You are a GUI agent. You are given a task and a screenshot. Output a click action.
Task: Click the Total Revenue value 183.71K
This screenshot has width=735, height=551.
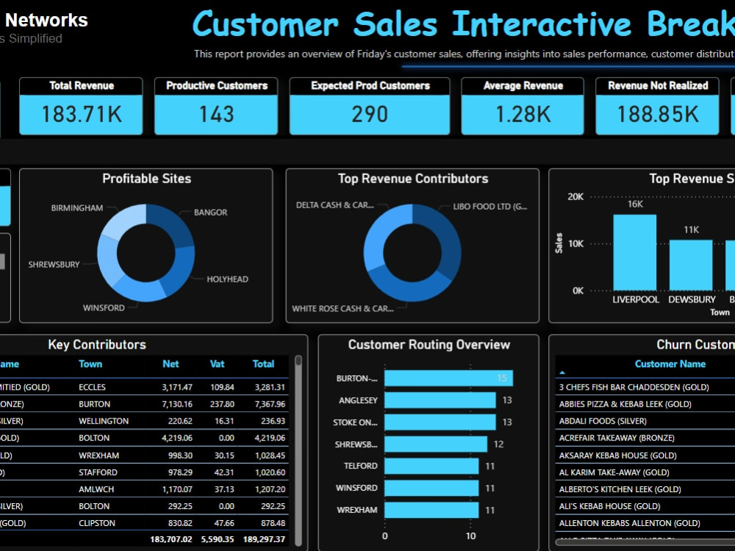coord(81,114)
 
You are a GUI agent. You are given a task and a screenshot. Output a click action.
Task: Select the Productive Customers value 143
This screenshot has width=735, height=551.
coord(216,114)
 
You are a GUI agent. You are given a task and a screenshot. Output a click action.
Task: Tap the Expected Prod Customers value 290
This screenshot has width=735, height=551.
coord(370,114)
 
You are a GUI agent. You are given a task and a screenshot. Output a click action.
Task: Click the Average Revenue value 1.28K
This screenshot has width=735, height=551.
coord(523,114)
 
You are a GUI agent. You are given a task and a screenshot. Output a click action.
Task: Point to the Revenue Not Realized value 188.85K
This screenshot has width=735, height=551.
coord(658,114)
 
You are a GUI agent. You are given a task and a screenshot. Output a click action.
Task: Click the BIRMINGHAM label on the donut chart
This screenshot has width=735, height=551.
coord(77,208)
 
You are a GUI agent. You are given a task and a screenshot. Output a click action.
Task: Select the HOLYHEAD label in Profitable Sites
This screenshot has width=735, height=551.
coord(227,280)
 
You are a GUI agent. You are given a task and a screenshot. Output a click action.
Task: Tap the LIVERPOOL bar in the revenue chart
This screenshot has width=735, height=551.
coord(635,252)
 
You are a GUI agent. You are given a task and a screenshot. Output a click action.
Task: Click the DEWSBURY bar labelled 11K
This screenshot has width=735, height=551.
coord(691,265)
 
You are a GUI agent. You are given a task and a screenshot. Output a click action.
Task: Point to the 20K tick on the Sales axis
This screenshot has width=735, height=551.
coord(576,197)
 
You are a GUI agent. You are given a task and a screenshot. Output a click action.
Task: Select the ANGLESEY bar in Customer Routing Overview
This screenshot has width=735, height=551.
coord(440,400)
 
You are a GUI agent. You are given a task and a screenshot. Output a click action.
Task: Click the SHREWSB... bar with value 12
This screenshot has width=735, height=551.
coord(435,444)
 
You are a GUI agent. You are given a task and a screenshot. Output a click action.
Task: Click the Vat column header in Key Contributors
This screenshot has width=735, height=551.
coord(217,364)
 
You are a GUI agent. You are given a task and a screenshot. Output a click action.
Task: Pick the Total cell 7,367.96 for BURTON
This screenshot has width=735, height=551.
coord(268,404)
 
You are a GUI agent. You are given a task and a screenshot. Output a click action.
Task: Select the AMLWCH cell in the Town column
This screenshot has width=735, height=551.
coord(96,489)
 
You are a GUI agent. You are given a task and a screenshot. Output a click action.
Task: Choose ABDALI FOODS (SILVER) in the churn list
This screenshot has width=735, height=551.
coord(603,421)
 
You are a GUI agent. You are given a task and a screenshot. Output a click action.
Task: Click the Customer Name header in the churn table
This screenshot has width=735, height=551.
coord(670,364)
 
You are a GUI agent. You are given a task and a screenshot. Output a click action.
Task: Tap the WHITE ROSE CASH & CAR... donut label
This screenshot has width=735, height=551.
coord(343,309)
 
